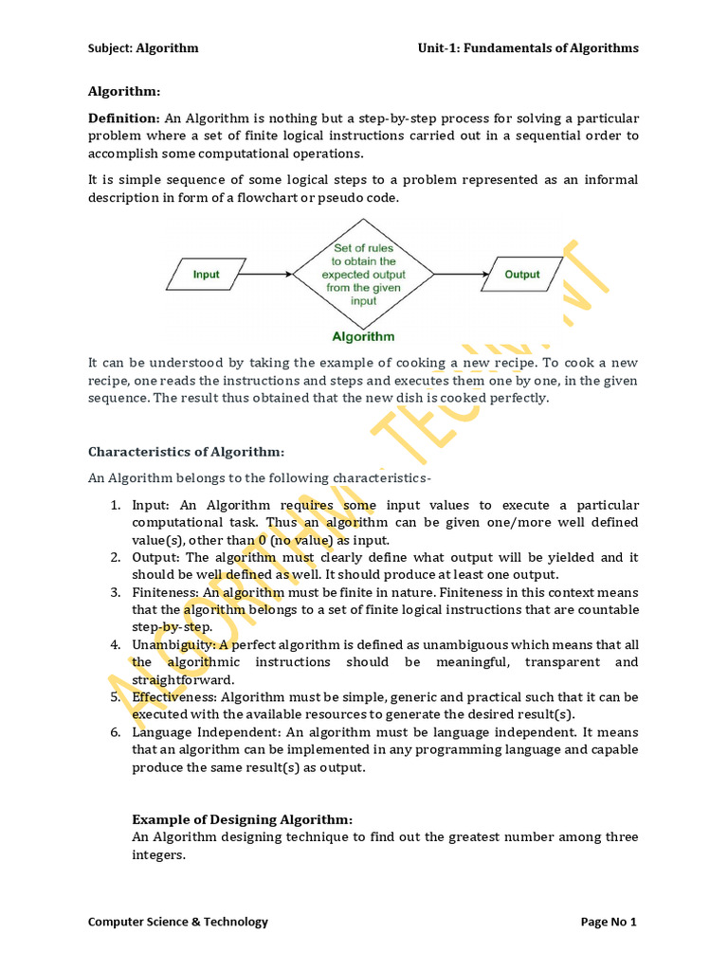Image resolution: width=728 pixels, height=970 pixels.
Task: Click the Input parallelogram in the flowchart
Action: pyautogui.click(x=207, y=275)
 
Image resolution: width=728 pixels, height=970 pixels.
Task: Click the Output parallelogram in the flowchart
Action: pyautogui.click(x=521, y=275)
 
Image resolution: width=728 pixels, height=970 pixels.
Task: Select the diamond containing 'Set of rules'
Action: pyautogui.click(x=363, y=275)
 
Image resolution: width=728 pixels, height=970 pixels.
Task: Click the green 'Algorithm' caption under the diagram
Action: pyautogui.click(x=363, y=336)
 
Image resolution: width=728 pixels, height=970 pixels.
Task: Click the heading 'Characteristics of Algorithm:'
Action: pyautogui.click(x=186, y=452)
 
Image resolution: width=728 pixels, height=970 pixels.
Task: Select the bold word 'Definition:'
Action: pyautogui.click(x=124, y=118)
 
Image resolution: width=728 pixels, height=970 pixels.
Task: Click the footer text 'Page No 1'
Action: pyautogui.click(x=609, y=922)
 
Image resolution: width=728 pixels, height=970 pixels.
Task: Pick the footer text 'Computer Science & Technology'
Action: pyautogui.click(x=178, y=922)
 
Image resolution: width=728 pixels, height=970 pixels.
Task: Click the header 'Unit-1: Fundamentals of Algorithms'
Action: pyautogui.click(x=529, y=48)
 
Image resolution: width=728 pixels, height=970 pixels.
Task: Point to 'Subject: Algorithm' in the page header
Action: pyautogui.click(x=143, y=48)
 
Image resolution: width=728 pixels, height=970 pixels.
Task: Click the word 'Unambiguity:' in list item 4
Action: pyautogui.click(x=170, y=645)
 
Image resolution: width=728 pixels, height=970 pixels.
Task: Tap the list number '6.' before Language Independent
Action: pyautogui.click(x=113, y=732)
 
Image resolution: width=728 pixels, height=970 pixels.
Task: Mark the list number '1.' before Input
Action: pyautogui.click(x=113, y=505)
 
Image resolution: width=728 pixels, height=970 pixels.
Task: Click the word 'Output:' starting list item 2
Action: pyautogui.click(x=155, y=557)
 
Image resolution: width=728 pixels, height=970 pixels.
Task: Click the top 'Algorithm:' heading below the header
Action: pyautogui.click(x=124, y=92)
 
